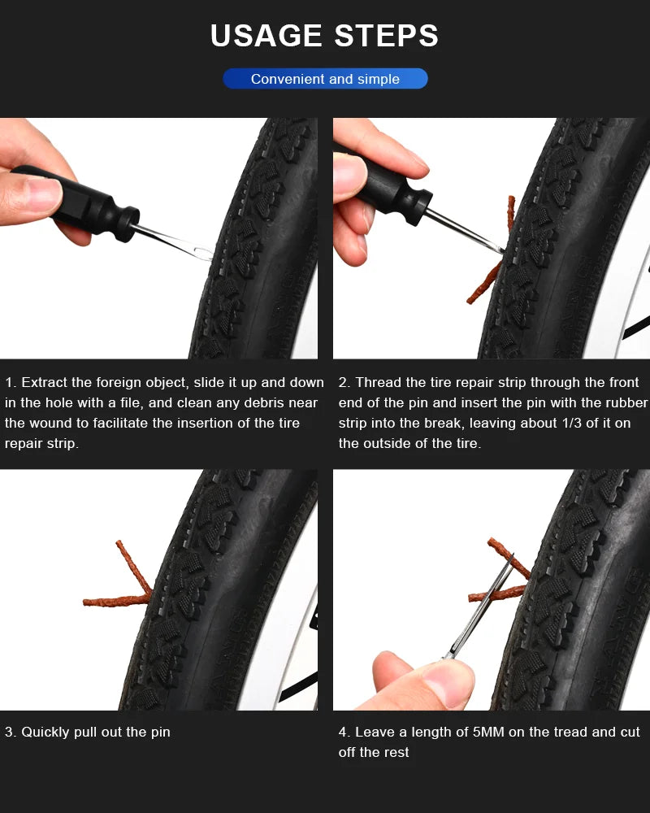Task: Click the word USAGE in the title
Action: point(266,37)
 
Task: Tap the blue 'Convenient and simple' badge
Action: point(325,79)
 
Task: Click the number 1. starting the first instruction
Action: point(11,382)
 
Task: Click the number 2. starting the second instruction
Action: point(344,382)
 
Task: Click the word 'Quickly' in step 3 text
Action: point(47,732)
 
